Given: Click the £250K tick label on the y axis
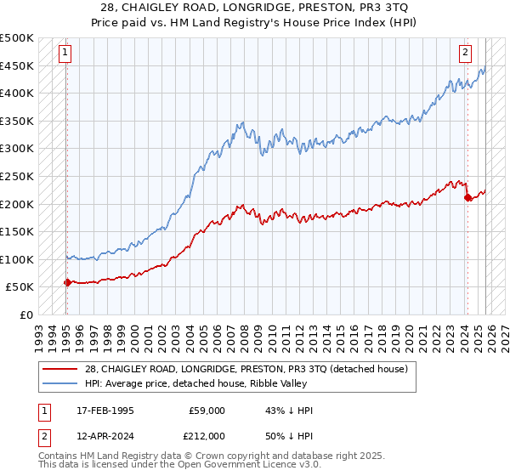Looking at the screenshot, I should (17, 176).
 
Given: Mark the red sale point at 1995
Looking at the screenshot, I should (67, 282).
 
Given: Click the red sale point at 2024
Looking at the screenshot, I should (467, 197).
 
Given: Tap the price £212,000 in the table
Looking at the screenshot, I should (207, 435).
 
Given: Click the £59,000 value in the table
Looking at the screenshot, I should (207, 411).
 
